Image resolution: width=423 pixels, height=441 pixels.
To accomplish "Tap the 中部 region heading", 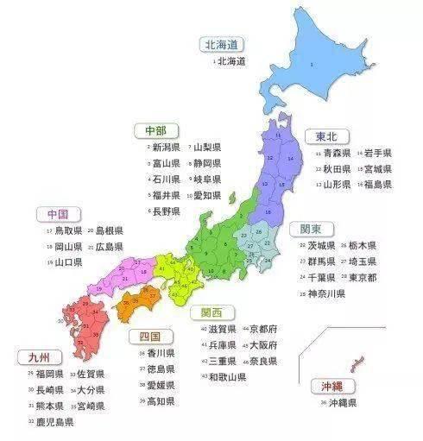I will tap(155, 130).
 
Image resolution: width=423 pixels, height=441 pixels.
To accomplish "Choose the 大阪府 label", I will tap(262, 344).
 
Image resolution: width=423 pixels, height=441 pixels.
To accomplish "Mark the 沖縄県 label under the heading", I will tap(341, 402).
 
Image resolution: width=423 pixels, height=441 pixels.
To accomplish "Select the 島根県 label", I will tap(108, 230).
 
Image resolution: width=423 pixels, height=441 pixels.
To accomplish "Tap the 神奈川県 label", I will tap(325, 293).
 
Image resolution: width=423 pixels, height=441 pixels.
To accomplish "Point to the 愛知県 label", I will tap(206, 195).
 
